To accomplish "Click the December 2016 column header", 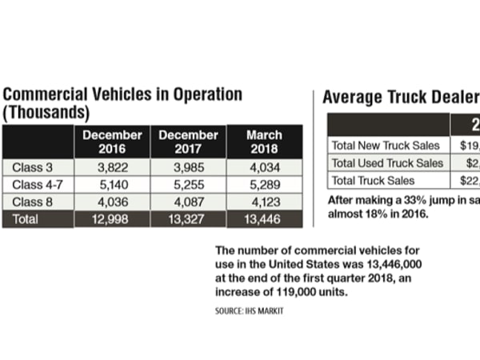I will coord(112,142).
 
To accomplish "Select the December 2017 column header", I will coord(188,142).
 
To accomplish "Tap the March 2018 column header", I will coord(264,142).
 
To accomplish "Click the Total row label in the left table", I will coord(27,219).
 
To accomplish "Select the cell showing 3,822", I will coord(112,167).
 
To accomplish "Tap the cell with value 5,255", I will coord(188,185).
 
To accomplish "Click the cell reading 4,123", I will coord(264,202).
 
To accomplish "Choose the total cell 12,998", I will coord(112,219).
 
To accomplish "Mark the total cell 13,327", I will coord(188,219).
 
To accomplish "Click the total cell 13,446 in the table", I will coord(264,219).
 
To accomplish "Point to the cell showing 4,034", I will coord(264,167).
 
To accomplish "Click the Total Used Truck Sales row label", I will coord(386,163).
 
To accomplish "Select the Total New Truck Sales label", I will coord(384,146).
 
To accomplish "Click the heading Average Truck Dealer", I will coord(400,98).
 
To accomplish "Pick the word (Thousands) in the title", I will coord(46,112).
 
